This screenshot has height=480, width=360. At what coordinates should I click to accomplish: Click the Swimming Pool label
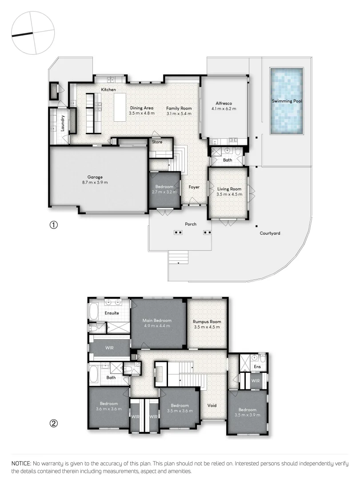[287, 101]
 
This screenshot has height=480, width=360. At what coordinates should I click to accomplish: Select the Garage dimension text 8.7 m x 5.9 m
[95, 182]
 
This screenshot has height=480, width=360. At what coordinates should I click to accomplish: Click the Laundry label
[63, 123]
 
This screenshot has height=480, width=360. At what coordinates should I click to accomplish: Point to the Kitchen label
[108, 90]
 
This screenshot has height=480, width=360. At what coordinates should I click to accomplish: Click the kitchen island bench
[120, 107]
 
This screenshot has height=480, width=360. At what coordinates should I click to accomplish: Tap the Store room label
[157, 142]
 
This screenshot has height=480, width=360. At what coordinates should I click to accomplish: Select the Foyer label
[194, 187]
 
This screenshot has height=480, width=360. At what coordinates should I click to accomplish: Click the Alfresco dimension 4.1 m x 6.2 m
[224, 108]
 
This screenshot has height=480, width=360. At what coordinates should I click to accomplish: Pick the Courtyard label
[270, 233]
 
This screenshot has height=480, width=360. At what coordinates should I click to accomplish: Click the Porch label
[191, 224]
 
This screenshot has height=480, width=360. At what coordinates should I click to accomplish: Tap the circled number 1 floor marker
[53, 225]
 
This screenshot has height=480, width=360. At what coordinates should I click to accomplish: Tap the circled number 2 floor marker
[53, 423]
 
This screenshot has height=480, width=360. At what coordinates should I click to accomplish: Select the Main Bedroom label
[157, 320]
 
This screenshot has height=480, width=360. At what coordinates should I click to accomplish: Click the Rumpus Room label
[207, 322]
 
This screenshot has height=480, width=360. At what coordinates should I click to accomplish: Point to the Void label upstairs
[212, 405]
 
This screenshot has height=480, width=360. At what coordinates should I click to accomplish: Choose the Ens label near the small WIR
[257, 367]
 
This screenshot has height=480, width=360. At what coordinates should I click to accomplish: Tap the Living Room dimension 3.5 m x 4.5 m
[229, 194]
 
